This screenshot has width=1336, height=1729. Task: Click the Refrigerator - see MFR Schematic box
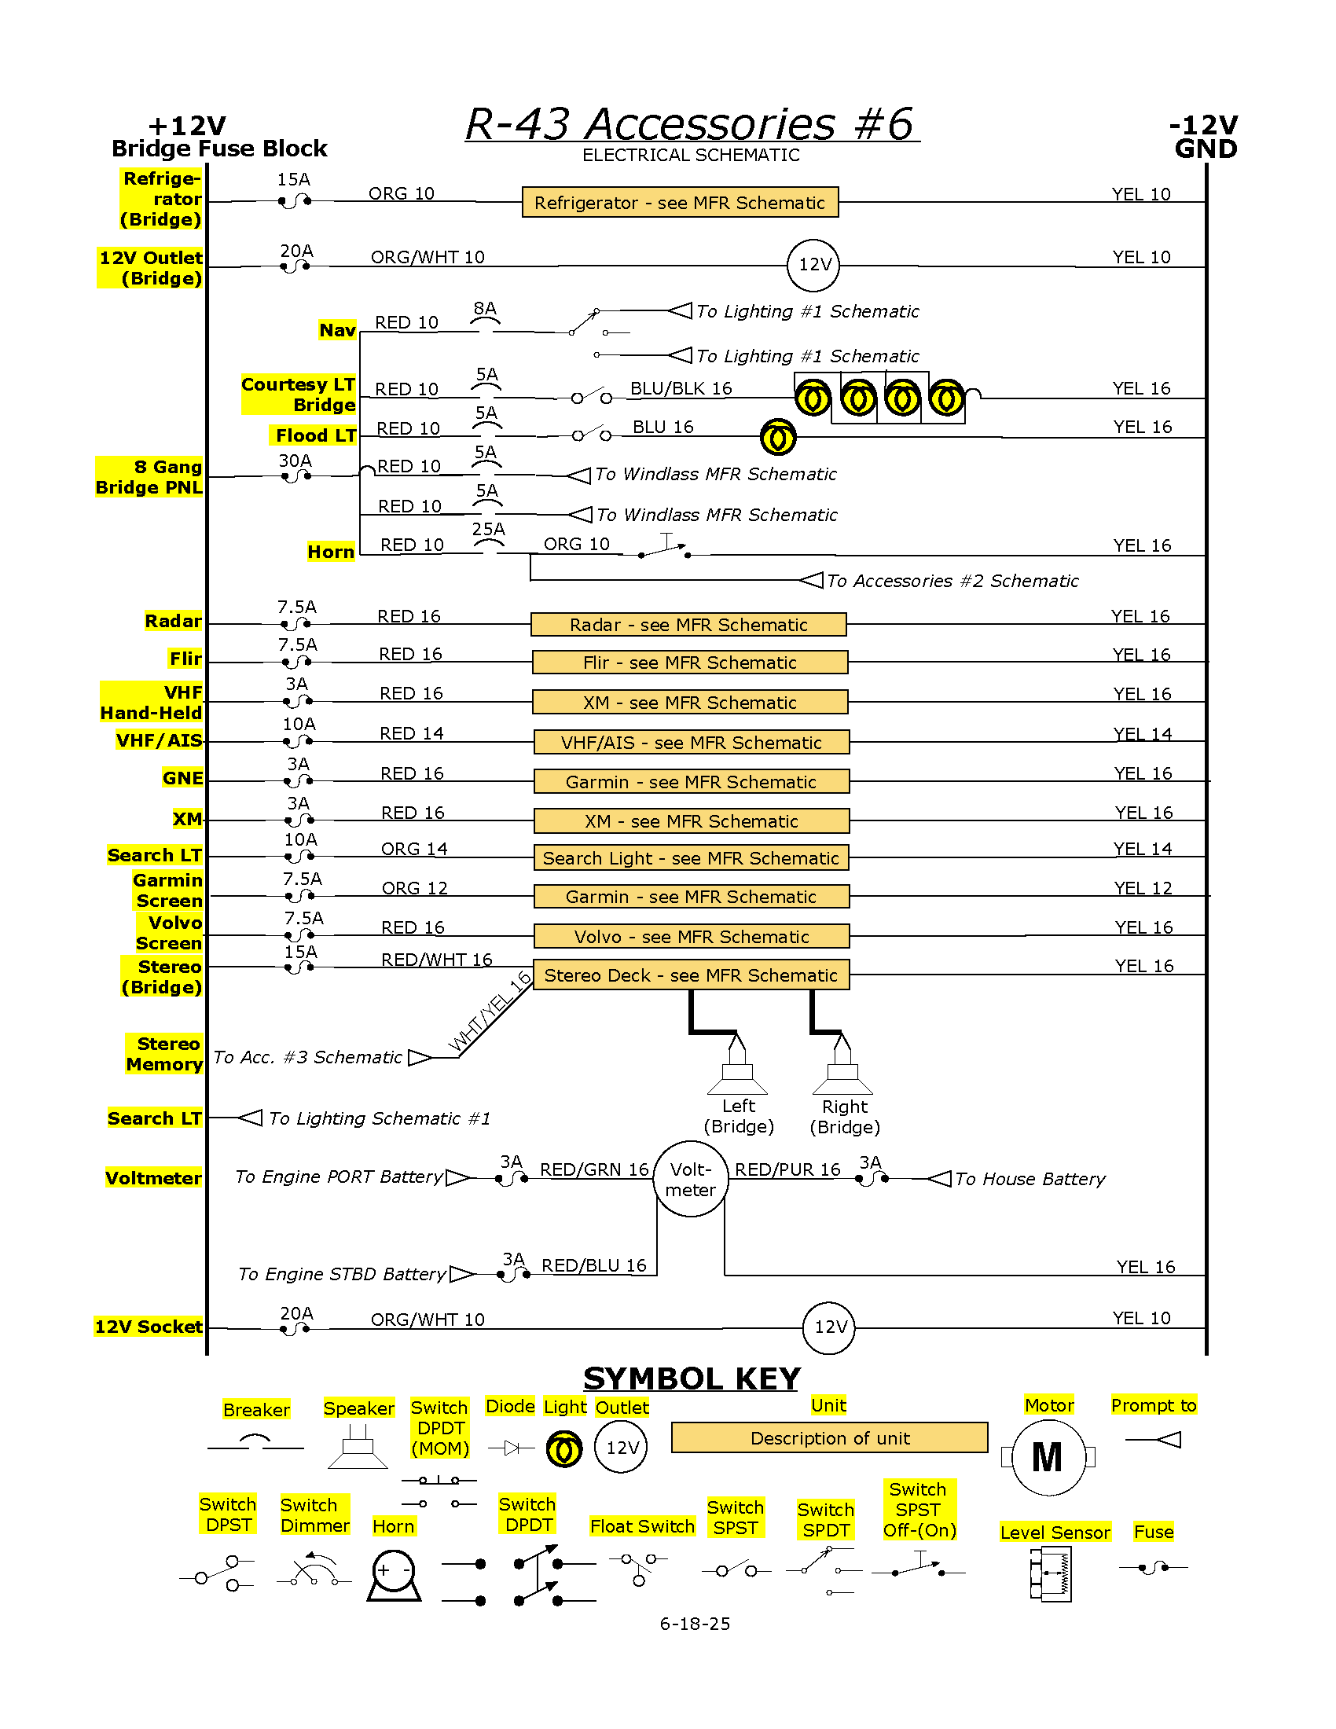[x=680, y=202]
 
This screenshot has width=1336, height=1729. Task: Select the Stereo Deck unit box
[x=691, y=975]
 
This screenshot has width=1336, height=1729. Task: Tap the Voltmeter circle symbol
[x=690, y=1179]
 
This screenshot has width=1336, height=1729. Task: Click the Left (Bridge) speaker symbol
[x=738, y=1063]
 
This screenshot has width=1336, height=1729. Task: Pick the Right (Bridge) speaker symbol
[x=843, y=1063]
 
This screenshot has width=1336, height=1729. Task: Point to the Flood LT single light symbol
[x=778, y=437]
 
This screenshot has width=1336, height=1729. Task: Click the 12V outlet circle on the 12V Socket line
[x=829, y=1327]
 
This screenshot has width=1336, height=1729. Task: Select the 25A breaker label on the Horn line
[x=488, y=529]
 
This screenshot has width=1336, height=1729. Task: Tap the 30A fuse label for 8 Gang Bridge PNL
[x=295, y=461]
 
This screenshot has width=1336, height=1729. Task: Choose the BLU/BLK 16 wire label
[x=681, y=388]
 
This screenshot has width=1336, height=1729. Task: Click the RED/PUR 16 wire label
[x=787, y=1169]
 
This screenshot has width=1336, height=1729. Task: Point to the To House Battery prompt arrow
[x=938, y=1179]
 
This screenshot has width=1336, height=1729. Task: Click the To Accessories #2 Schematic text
[x=953, y=581]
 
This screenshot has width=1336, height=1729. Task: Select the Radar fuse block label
[x=174, y=621]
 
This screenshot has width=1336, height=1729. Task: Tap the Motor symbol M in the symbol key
[x=1048, y=1457]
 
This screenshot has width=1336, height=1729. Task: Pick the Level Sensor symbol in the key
[x=1050, y=1575]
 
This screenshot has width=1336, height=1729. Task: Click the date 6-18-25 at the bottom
[x=695, y=1624]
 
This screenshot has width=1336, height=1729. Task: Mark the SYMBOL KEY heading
[x=692, y=1379]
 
